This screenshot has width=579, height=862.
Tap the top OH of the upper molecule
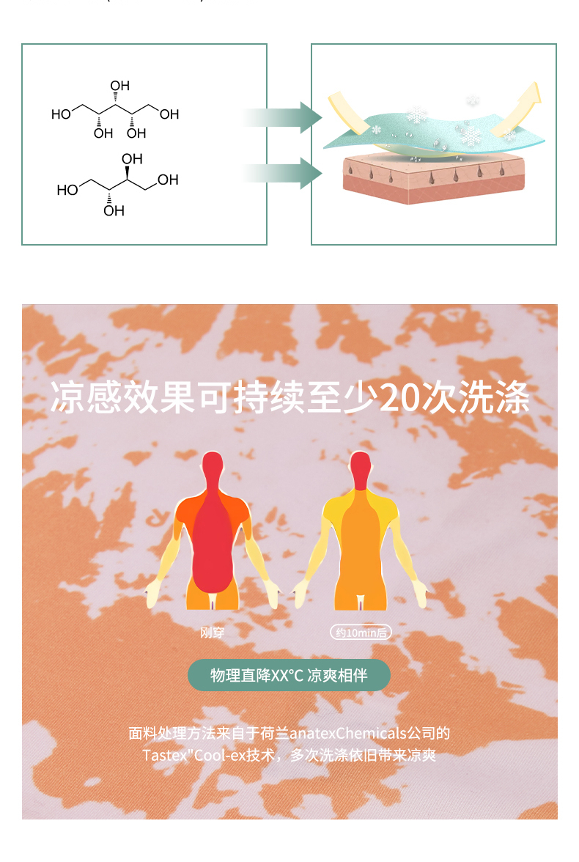[119, 87]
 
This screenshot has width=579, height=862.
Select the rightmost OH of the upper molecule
[169, 114]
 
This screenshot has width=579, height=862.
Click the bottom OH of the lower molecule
[114, 211]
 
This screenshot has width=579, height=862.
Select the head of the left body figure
[212, 468]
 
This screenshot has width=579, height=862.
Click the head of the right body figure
[360, 468]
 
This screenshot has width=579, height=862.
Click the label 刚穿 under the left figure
[213, 632]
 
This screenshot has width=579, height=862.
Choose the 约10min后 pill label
[360, 633]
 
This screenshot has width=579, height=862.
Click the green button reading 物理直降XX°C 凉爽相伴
[289, 676]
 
